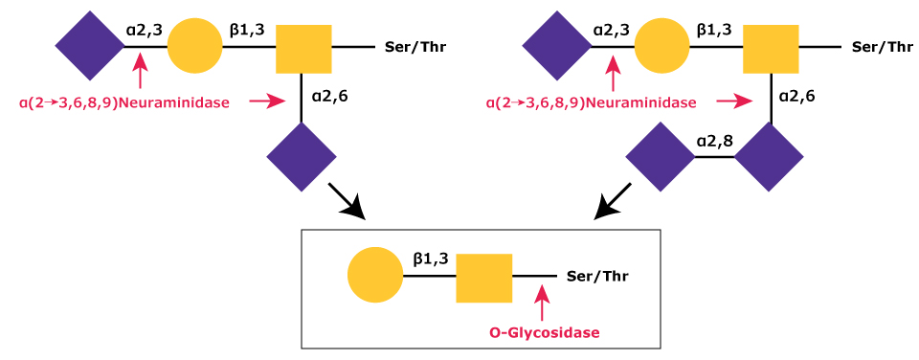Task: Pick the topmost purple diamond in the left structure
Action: pos(89,46)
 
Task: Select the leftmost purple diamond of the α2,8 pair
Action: pos(661,157)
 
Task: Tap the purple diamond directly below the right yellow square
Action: pos(770,157)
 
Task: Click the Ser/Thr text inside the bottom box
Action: pos(598,276)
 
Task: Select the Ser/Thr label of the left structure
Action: pos(415,46)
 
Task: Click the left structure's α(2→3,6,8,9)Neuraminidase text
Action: pos(124,101)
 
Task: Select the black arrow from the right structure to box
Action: pos(613,200)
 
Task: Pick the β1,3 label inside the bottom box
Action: pos(432,259)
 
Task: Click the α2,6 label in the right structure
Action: pos(796,96)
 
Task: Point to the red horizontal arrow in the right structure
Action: pos(735,101)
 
